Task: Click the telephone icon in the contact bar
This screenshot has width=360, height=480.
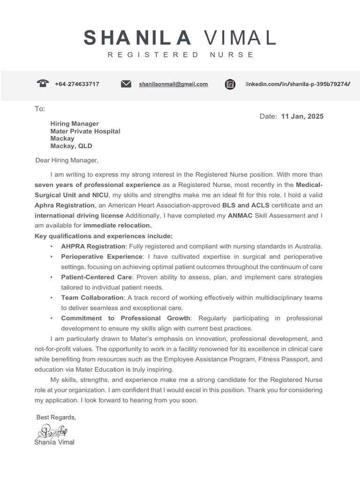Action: [x=43, y=84]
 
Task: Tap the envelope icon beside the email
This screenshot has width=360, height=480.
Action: [x=126, y=84]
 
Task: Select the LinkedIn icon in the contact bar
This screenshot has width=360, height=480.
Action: [x=230, y=84]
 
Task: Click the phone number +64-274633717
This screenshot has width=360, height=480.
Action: [x=77, y=84]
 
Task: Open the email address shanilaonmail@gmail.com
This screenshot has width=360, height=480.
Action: [x=173, y=84]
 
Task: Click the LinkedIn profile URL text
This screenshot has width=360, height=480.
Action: [x=298, y=84]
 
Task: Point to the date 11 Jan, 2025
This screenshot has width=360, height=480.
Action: [x=302, y=116]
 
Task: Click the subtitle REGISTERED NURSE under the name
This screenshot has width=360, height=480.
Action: [x=180, y=55]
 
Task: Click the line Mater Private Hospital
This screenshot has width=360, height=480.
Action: [x=85, y=131]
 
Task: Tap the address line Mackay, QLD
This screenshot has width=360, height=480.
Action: [x=71, y=146]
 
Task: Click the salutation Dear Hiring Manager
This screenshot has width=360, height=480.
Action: [x=67, y=160]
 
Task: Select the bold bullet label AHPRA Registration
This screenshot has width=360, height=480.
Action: [x=93, y=246]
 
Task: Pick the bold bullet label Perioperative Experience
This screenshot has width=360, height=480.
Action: [x=102, y=256]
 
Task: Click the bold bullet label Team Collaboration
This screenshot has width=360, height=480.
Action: [x=92, y=298]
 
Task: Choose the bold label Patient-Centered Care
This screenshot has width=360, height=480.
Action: [x=97, y=277]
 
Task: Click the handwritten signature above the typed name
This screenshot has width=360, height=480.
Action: [x=52, y=430]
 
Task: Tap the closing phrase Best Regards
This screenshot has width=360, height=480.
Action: [x=56, y=417]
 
